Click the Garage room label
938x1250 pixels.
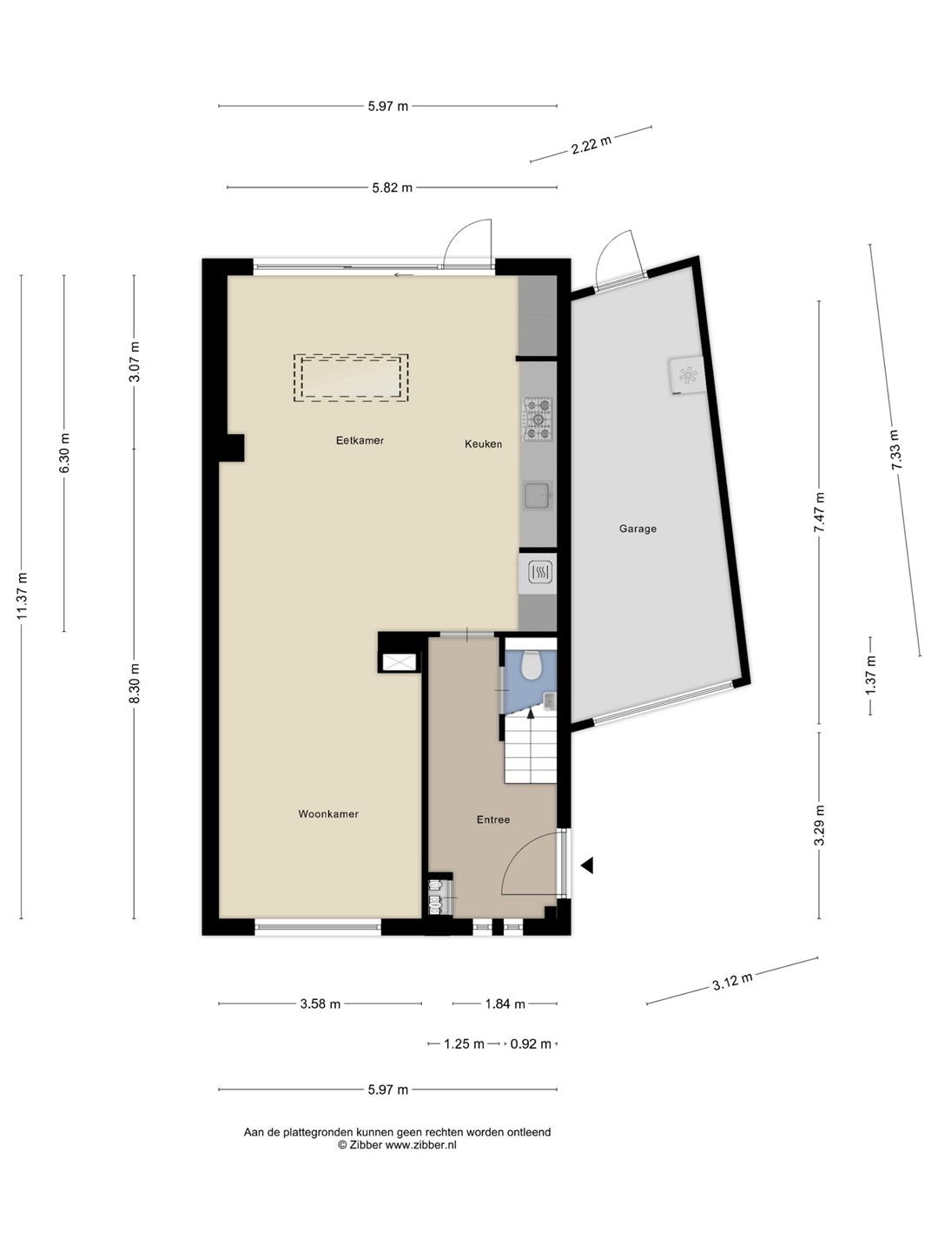click(x=637, y=529)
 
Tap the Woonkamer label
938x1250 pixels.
click(x=328, y=813)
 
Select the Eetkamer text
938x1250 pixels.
click(x=360, y=440)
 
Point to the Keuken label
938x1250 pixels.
click(x=483, y=444)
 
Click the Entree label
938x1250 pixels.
click(x=492, y=819)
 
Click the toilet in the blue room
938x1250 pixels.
click(x=532, y=666)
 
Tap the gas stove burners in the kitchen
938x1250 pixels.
click(x=538, y=419)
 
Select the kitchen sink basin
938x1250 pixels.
click(x=537, y=496)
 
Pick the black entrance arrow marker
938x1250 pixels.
click(x=587, y=865)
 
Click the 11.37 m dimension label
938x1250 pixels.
click(x=22, y=595)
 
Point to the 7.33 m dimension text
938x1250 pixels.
click(x=895, y=450)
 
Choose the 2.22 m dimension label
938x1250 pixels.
click(x=591, y=145)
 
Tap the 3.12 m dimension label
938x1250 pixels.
click(x=732, y=981)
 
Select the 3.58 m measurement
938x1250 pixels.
click(x=320, y=1004)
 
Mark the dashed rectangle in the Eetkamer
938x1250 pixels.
click(x=351, y=378)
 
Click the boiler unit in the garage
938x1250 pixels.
click(x=687, y=375)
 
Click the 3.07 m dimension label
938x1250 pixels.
click(x=134, y=362)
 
